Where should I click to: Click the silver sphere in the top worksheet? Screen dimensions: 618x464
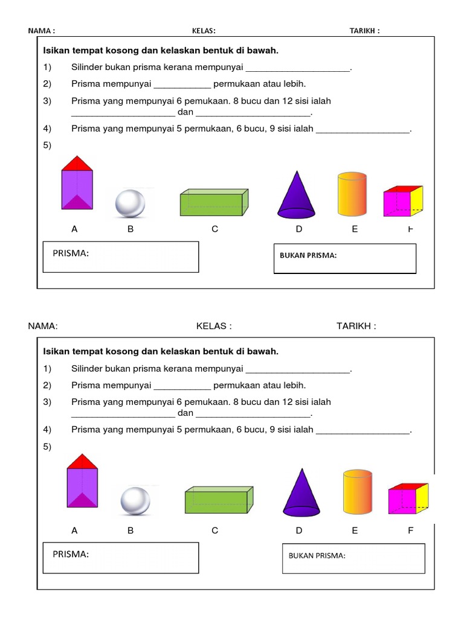130,203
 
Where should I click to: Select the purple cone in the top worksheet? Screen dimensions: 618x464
296,195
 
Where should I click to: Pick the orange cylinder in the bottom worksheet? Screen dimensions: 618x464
357,494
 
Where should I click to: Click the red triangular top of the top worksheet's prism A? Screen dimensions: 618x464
77,164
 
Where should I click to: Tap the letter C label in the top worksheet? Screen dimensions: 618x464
214,229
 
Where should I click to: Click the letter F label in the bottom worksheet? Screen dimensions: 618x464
411,531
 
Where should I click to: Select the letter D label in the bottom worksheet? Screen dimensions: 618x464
298,531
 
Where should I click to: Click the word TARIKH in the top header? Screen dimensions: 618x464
362,31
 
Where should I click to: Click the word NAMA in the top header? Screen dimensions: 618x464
39,31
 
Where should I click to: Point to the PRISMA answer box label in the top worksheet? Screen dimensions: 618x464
71,253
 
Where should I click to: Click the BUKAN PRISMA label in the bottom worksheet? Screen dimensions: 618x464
317,556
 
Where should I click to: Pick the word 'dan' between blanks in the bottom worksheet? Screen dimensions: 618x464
185,413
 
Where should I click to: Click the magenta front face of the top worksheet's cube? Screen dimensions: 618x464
396,203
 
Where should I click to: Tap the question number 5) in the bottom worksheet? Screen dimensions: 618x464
48,447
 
